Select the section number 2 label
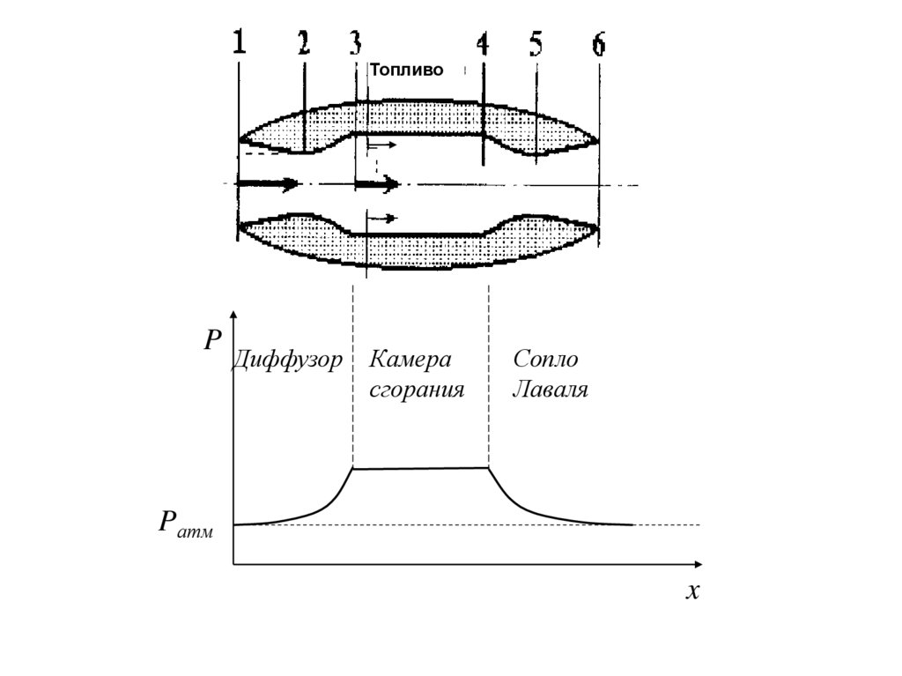click(x=303, y=44)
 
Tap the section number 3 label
click(x=355, y=42)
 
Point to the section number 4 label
click(x=483, y=44)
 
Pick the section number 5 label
click(x=536, y=44)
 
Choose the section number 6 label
click(x=599, y=44)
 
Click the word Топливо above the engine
click(x=406, y=70)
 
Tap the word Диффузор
click(x=287, y=360)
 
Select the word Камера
click(x=410, y=360)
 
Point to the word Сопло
click(x=545, y=360)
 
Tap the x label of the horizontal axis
click(x=692, y=591)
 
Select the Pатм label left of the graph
click(x=185, y=524)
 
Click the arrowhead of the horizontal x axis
click(x=698, y=563)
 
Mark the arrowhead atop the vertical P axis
click(x=233, y=315)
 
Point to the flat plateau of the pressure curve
click(x=420, y=468)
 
